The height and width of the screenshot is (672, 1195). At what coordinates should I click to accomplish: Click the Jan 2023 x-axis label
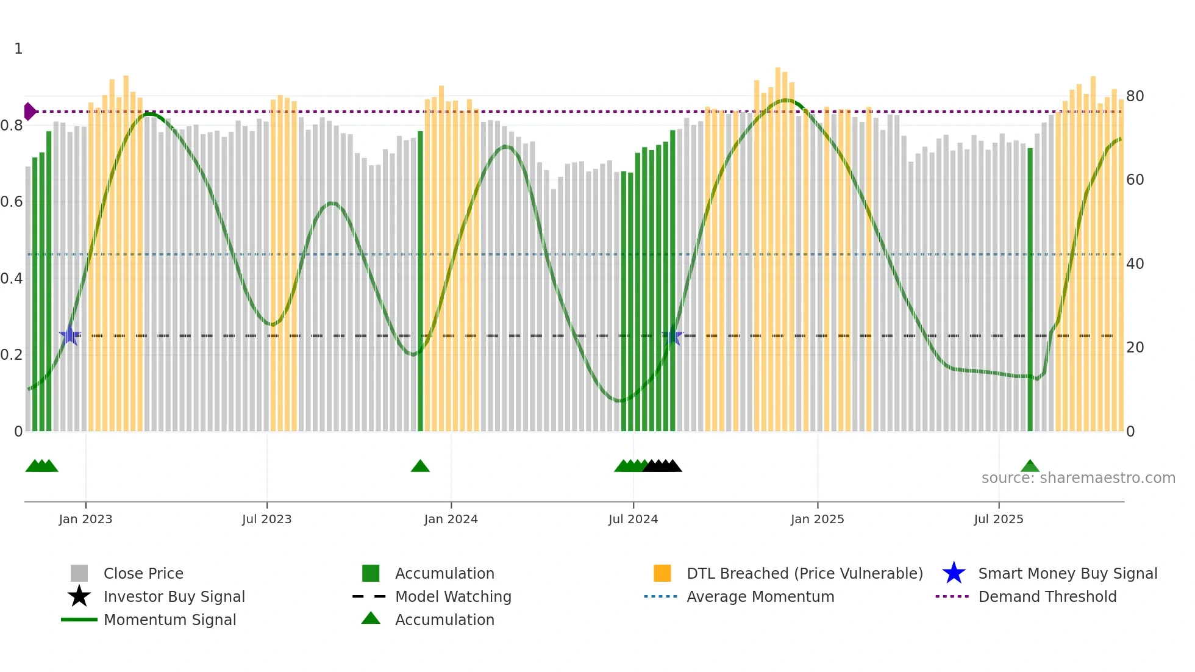[85, 519]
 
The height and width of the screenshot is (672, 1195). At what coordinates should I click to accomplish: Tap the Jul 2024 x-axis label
[633, 519]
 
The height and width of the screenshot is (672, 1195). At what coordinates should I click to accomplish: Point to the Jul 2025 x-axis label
[998, 519]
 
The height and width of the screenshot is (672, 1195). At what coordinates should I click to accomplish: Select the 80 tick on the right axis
[1135, 96]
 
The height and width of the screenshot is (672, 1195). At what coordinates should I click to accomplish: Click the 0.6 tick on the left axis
[12, 202]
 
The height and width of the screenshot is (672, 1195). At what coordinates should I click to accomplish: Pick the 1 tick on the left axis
[18, 49]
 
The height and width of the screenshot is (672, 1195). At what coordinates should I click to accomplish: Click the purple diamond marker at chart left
[29, 112]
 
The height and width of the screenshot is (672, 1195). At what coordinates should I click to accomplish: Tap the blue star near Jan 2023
[70, 335]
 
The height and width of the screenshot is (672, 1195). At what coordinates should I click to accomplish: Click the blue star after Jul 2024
[672, 335]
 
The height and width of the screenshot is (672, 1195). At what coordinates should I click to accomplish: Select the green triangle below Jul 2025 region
[1030, 466]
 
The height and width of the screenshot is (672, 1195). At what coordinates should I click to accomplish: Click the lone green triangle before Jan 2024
[420, 466]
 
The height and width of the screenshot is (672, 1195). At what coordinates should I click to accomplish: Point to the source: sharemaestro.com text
[1078, 478]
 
